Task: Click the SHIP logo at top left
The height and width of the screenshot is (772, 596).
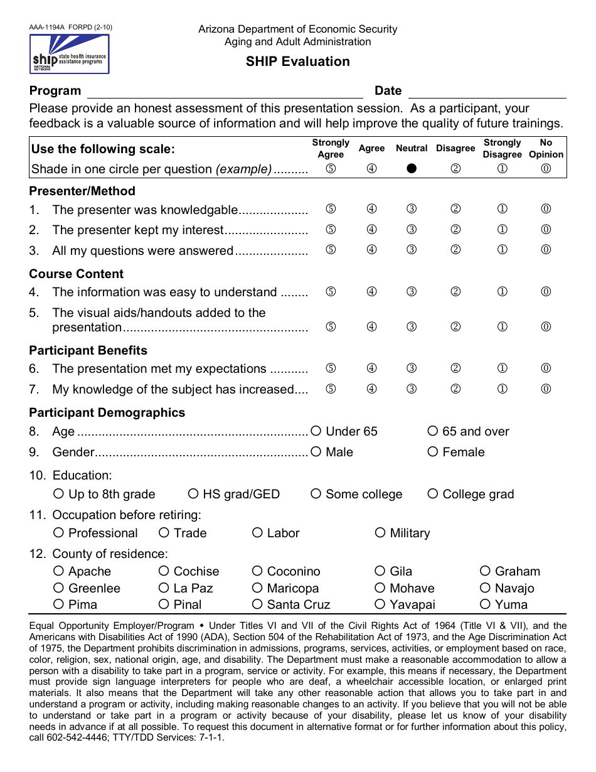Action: click(69, 54)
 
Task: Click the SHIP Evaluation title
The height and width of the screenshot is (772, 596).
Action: click(297, 62)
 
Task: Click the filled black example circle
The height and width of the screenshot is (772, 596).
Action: click(412, 169)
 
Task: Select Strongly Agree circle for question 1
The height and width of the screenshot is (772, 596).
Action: click(331, 209)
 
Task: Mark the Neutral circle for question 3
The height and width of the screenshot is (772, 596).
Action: click(412, 250)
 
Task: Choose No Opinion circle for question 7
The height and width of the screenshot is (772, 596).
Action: click(546, 389)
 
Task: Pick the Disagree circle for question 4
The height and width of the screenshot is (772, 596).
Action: click(456, 292)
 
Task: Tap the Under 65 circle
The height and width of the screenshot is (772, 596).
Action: click(316, 431)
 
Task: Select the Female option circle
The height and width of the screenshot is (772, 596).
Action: click(433, 452)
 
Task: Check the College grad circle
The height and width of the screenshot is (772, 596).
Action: click(433, 494)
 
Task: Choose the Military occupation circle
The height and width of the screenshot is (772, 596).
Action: click(380, 533)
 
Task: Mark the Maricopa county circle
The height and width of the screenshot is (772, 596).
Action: click(257, 588)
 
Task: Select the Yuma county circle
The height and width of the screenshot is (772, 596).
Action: click(485, 604)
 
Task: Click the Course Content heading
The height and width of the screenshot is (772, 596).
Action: click(77, 274)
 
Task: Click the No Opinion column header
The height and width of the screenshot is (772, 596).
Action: click(546, 148)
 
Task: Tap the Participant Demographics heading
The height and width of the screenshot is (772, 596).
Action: click(107, 412)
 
